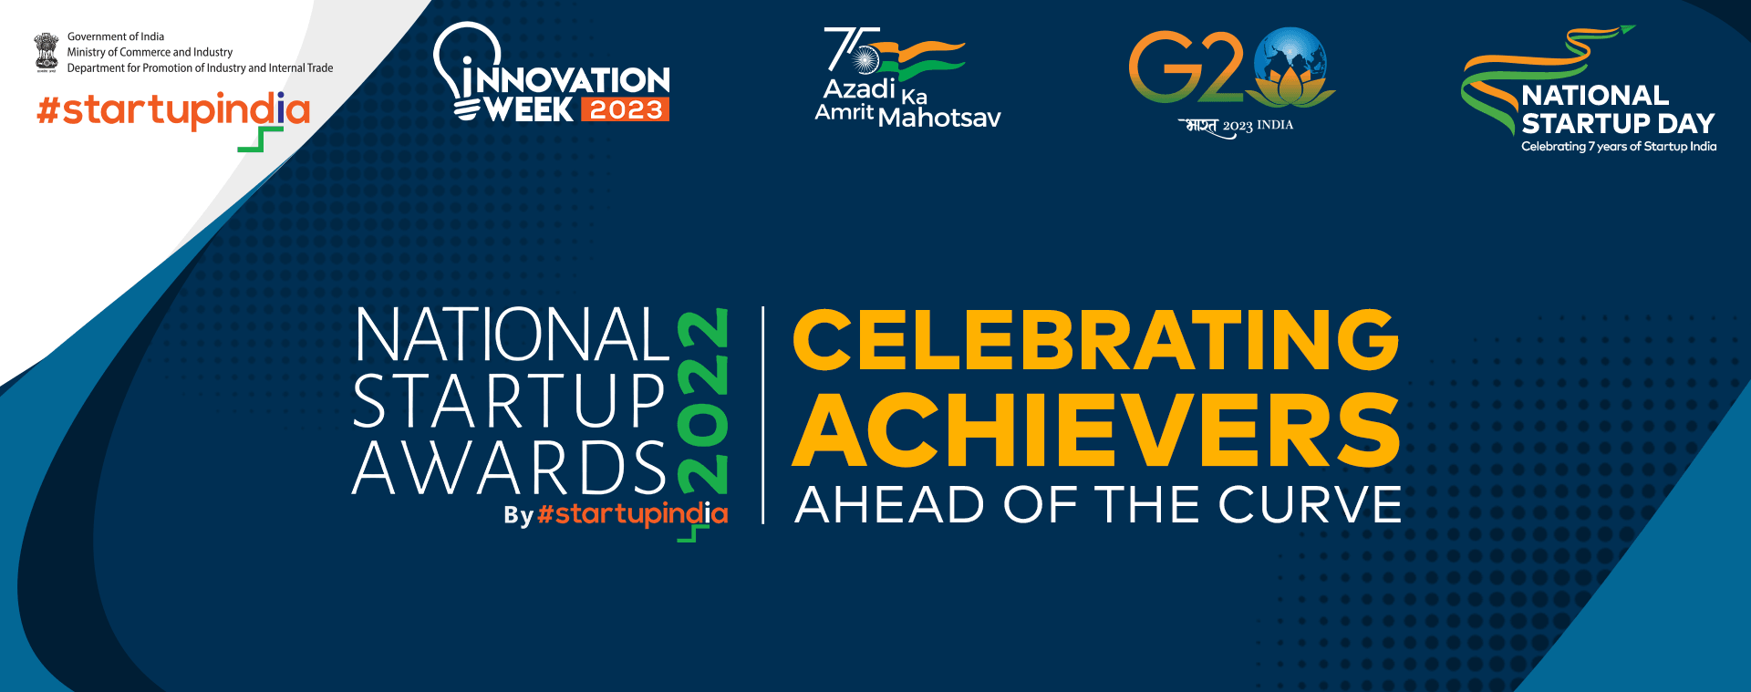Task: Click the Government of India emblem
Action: (x=46, y=52)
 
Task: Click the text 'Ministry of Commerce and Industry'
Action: (x=150, y=52)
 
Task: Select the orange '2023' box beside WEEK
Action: (x=625, y=109)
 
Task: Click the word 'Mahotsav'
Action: (x=939, y=118)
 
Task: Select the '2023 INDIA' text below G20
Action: (x=1258, y=126)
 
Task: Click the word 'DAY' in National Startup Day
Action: (x=1686, y=123)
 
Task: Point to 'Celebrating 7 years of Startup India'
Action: (x=1619, y=147)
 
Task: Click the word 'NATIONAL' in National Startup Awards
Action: (x=513, y=335)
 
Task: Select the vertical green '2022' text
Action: (x=702, y=401)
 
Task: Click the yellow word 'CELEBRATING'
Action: (x=1095, y=339)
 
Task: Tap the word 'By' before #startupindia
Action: (x=518, y=516)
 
